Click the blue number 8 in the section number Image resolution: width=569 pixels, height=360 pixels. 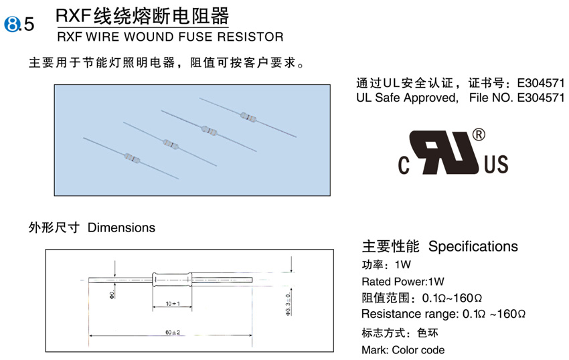(12, 25)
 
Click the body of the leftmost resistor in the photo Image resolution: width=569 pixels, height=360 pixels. (131, 159)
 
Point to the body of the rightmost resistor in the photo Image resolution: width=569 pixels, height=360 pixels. (247, 117)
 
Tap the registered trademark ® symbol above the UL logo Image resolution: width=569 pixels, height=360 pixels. (479, 134)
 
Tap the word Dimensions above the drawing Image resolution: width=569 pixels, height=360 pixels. (121, 228)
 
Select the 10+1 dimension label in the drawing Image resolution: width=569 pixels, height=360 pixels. (173, 304)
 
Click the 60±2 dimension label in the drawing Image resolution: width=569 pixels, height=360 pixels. (172, 333)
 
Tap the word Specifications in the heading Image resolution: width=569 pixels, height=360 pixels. (473, 246)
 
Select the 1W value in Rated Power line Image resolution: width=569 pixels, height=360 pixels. (436, 281)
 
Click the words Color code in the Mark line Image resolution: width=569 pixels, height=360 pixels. (418, 350)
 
